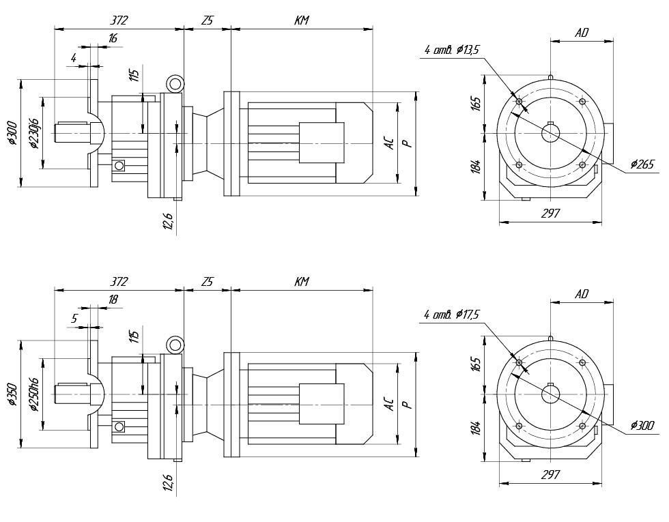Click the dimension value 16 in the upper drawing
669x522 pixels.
(113, 39)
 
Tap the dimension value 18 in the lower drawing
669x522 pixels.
(113, 300)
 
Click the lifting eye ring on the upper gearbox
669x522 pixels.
(175, 85)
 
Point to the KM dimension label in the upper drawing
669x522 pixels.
(302, 21)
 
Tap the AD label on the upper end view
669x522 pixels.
(582, 32)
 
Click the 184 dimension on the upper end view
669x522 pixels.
(476, 166)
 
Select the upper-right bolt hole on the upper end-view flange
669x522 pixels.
(582, 102)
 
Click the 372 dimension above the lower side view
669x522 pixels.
(119, 282)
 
